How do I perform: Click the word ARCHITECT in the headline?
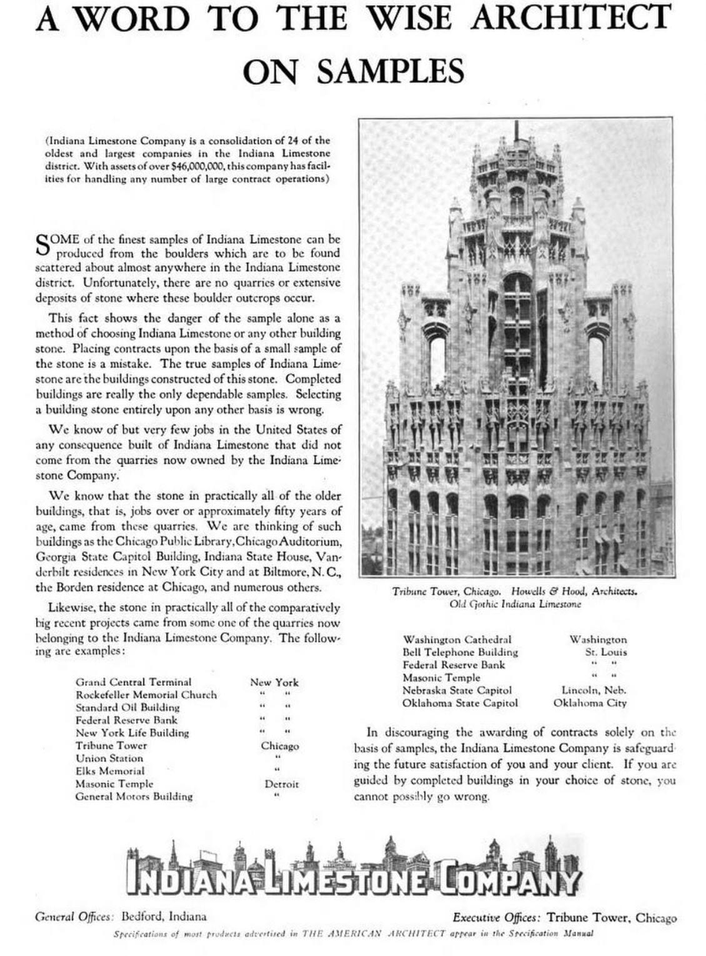click(x=570, y=18)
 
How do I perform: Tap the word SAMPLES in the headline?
click(x=390, y=71)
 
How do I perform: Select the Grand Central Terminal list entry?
click(x=133, y=682)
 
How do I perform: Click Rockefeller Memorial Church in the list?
click(x=146, y=695)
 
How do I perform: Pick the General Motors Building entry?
click(x=134, y=797)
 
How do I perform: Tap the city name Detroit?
click(x=281, y=784)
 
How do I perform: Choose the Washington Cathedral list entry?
click(x=457, y=640)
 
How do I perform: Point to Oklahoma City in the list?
click(x=590, y=703)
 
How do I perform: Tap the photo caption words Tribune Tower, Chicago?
click(x=446, y=591)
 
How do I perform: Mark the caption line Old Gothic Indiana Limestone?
click(x=515, y=604)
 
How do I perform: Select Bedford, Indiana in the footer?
click(x=164, y=917)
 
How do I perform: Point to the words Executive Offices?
click(x=496, y=918)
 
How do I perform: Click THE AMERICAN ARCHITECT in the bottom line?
click(x=373, y=934)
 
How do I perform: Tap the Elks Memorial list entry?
click(x=110, y=771)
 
